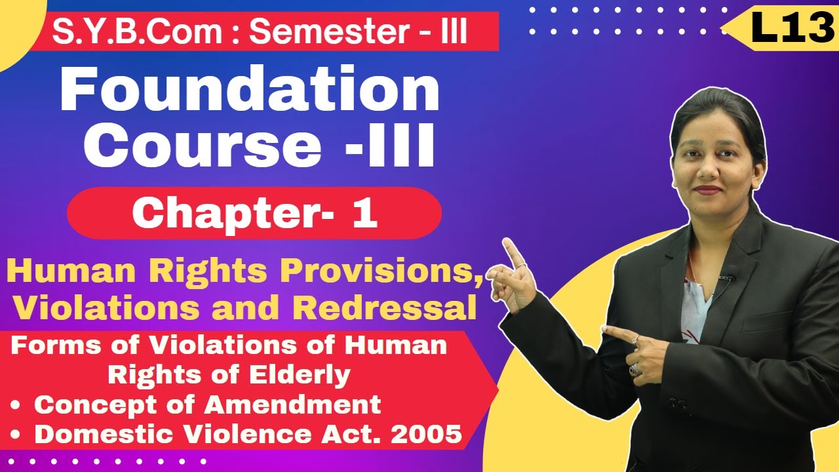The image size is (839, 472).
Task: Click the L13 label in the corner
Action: point(792,29)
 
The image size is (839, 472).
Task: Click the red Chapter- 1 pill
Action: point(254,214)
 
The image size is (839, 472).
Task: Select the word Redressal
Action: point(392,308)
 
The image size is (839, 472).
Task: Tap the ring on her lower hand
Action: point(635,370)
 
